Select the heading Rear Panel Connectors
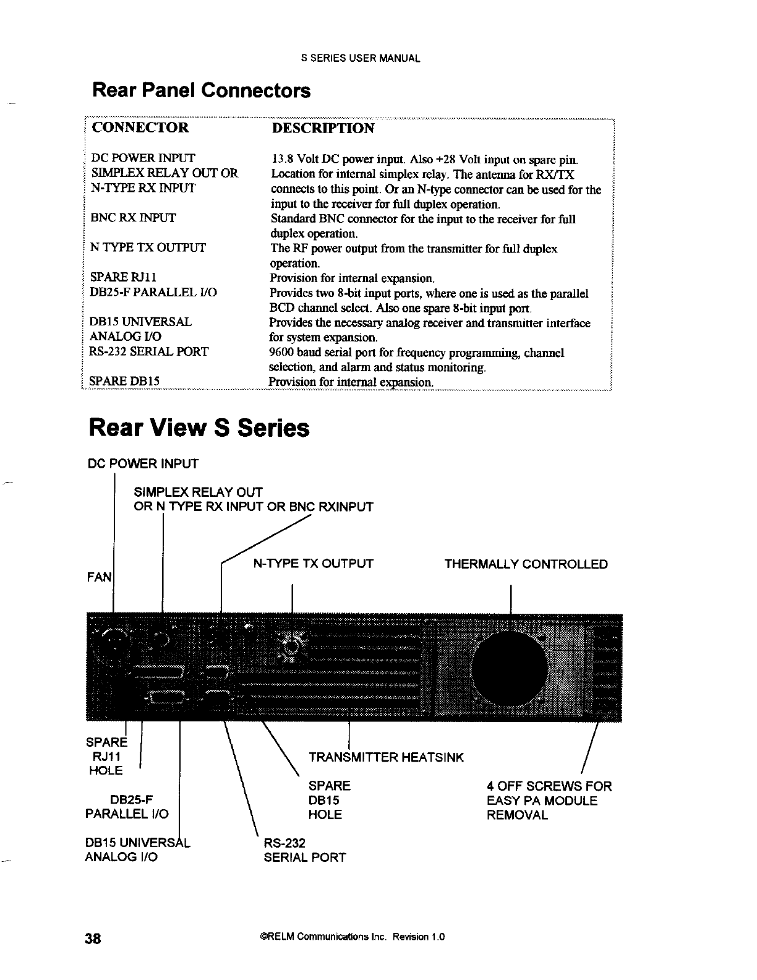pyautogui.click(x=201, y=91)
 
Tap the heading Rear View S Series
pyautogui.click(x=199, y=428)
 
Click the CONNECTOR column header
pyautogui.click(x=140, y=128)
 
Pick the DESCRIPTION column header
pyautogui.click(x=323, y=128)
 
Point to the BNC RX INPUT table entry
pyautogui.click(x=134, y=218)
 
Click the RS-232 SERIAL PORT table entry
pyautogui.click(x=149, y=352)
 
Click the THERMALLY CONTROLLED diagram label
pyautogui.click(x=526, y=564)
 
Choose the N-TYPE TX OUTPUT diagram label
pyautogui.click(x=314, y=564)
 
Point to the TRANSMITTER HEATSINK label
pyautogui.click(x=386, y=757)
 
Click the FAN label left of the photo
pyautogui.click(x=101, y=578)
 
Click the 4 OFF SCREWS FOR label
pyautogui.click(x=549, y=786)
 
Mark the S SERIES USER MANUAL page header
pyautogui.click(x=361, y=59)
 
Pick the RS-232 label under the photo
pyautogui.click(x=284, y=843)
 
